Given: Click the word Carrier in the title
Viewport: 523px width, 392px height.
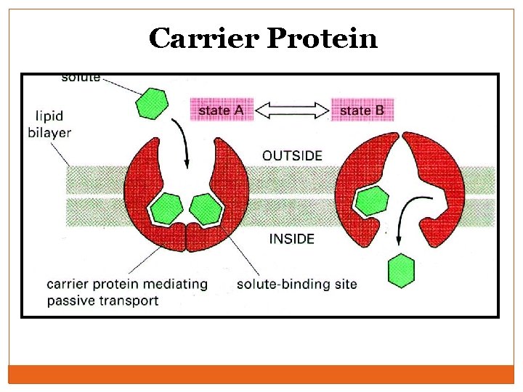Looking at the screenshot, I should point(204,38).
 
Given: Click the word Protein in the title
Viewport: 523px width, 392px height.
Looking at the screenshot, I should point(323,38).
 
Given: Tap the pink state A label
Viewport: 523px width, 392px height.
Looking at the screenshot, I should point(222,110).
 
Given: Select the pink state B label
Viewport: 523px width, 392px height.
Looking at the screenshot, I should point(362,110).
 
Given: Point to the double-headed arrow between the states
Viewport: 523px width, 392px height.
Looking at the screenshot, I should point(292,110).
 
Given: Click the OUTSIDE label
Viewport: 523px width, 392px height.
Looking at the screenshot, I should point(292,155).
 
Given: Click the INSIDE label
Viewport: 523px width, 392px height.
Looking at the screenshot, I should point(292,238).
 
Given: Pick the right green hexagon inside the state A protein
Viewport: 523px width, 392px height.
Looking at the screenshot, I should point(206,209).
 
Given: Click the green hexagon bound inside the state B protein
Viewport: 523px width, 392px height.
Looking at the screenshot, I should point(372,200).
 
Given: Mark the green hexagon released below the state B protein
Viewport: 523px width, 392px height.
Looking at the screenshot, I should point(401,271).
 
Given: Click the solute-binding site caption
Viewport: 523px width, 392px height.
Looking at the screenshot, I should point(297,284).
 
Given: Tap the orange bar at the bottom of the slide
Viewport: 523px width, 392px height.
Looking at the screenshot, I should point(261,374).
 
